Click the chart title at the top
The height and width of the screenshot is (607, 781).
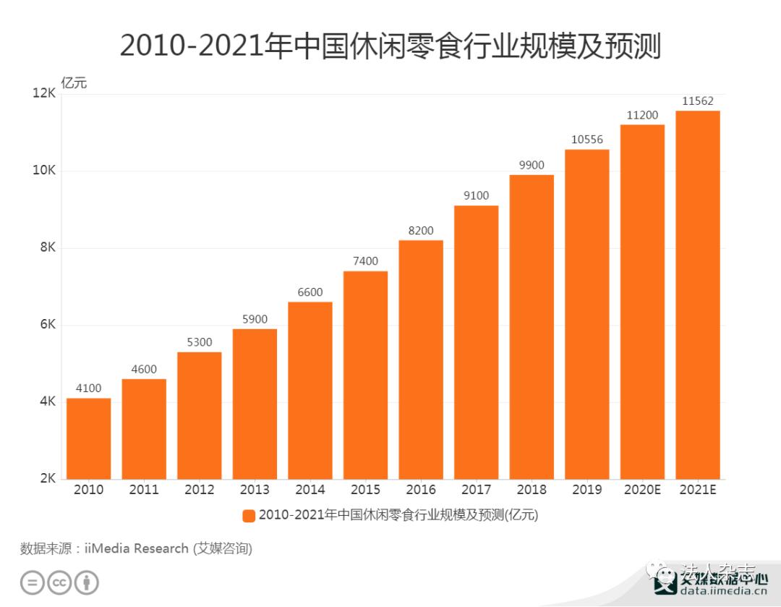point(390,46)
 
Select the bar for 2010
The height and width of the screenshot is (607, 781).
point(88,438)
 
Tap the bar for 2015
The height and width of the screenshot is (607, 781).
point(365,375)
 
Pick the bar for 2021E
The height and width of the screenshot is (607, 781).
point(698,294)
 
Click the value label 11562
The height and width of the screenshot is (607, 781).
point(698,101)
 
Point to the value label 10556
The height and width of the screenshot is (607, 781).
point(587,140)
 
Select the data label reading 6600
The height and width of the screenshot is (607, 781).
point(310,292)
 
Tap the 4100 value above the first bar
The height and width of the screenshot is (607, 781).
point(88,389)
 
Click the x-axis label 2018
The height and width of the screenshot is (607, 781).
point(532,490)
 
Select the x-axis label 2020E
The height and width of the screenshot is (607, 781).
point(642,490)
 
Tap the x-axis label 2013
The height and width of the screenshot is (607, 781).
point(255,490)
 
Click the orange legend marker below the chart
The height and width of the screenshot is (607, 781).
point(249,515)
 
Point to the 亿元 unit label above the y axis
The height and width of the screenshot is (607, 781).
point(74,82)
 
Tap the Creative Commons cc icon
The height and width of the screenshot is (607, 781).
point(59,582)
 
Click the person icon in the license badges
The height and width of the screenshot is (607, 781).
point(87,582)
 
